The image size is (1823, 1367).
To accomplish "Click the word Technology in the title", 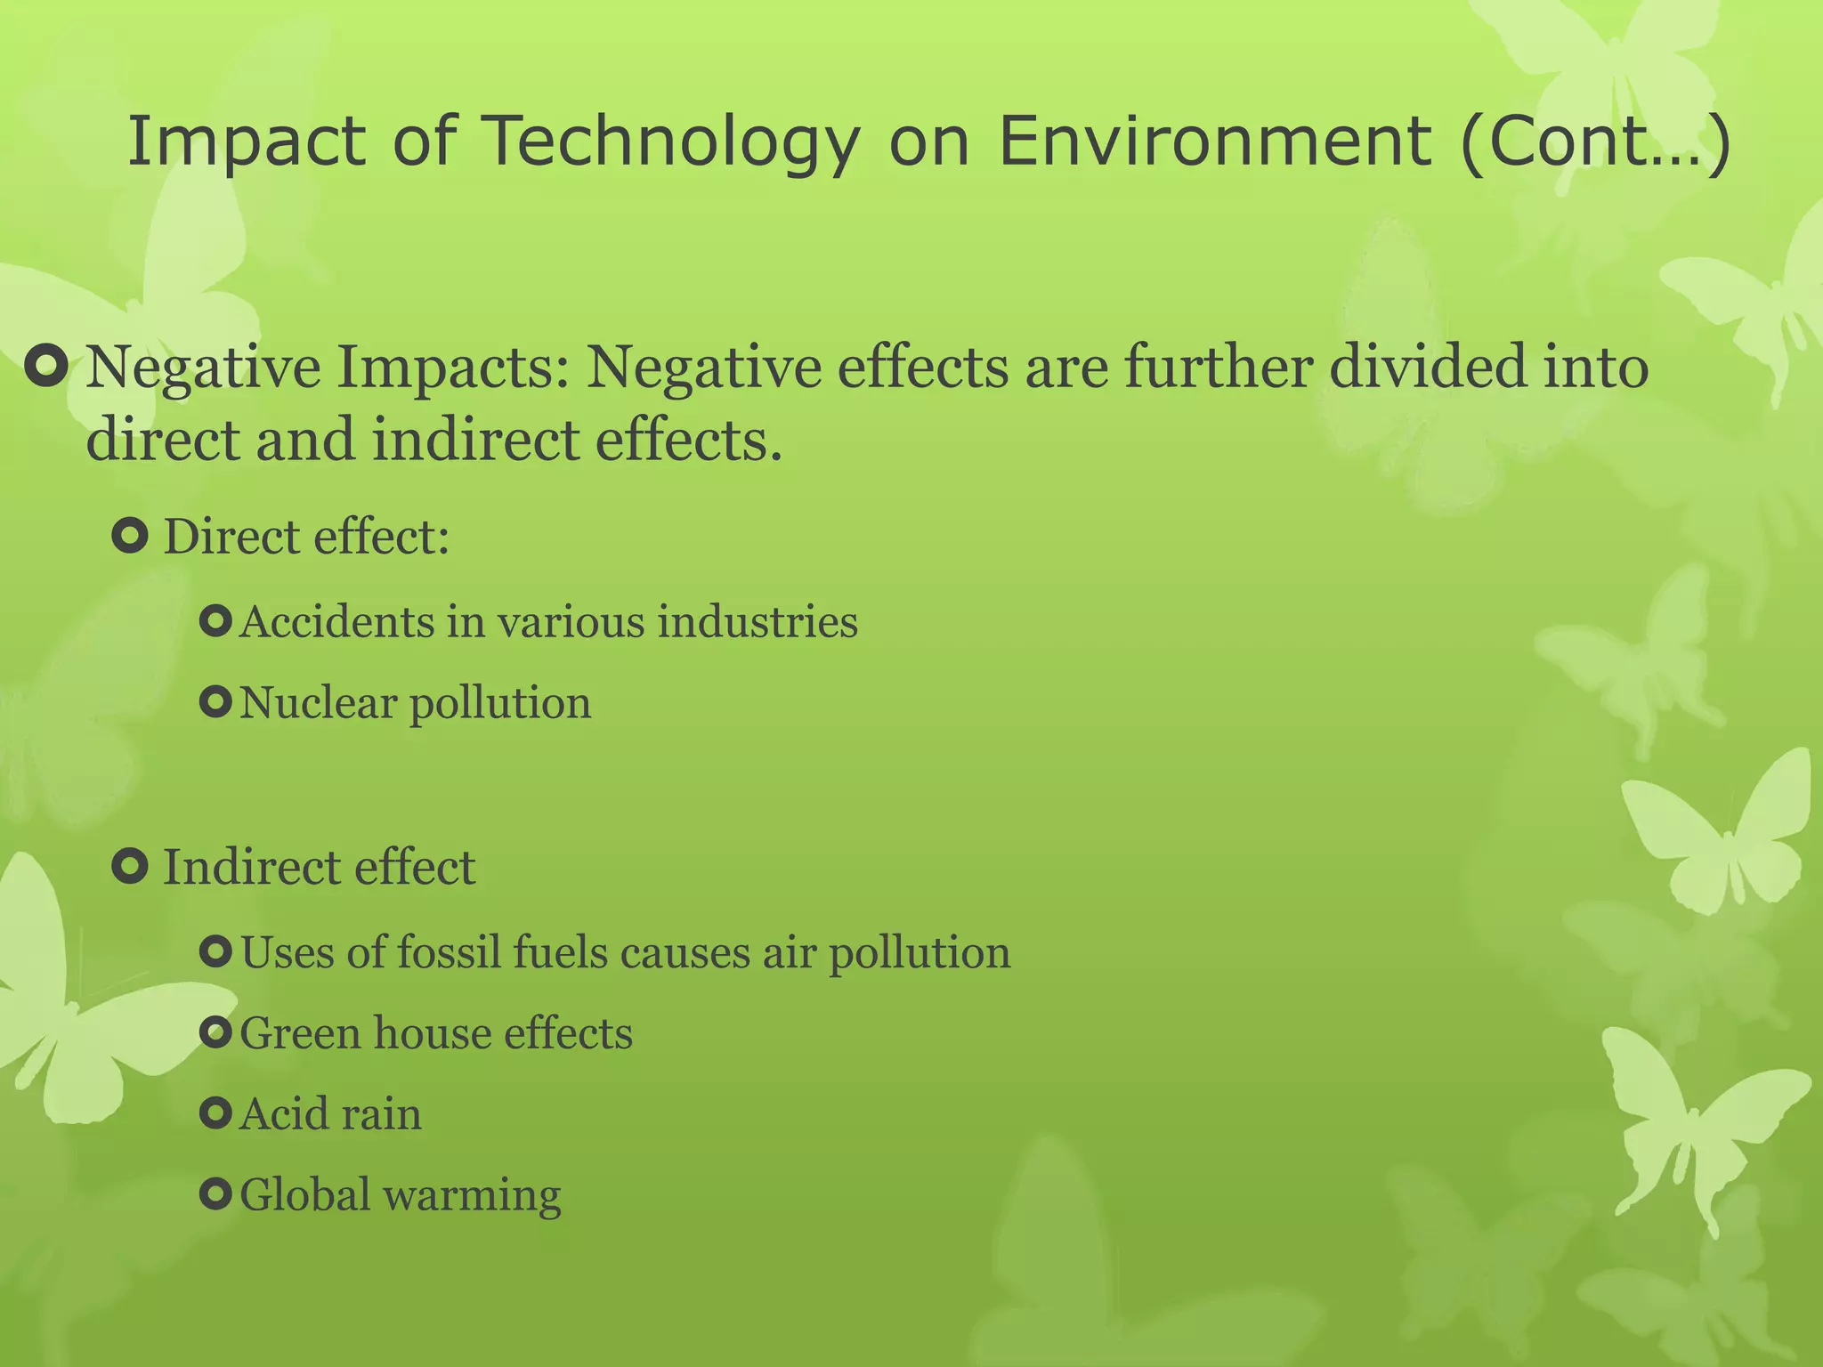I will pos(672,142).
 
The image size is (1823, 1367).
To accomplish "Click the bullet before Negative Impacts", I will pos(47,367).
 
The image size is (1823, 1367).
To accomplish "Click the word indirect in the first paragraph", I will pos(475,440).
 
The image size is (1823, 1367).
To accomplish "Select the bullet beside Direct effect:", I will pos(131,537).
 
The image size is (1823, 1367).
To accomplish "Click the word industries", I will pos(758,621).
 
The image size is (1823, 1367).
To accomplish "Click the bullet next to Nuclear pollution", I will pos(216,702).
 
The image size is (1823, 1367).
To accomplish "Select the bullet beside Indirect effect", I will pos(131,866).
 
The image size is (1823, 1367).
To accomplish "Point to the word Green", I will pos(299,1033).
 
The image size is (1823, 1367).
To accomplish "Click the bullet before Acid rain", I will pos(216,1113).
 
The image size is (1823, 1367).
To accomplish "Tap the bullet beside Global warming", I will pos(216,1194).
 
